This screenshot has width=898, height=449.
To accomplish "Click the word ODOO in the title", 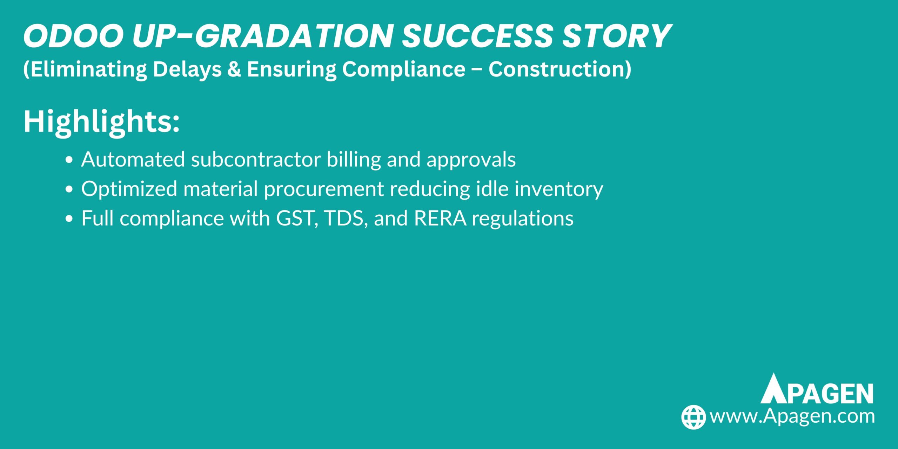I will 73,36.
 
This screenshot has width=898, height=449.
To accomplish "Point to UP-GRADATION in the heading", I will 262,36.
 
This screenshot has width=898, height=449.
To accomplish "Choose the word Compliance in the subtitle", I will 404,69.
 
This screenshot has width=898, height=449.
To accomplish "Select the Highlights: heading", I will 101,121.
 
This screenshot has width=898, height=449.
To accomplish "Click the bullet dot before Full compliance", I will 69,219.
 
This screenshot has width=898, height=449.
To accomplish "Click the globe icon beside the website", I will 693,417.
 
